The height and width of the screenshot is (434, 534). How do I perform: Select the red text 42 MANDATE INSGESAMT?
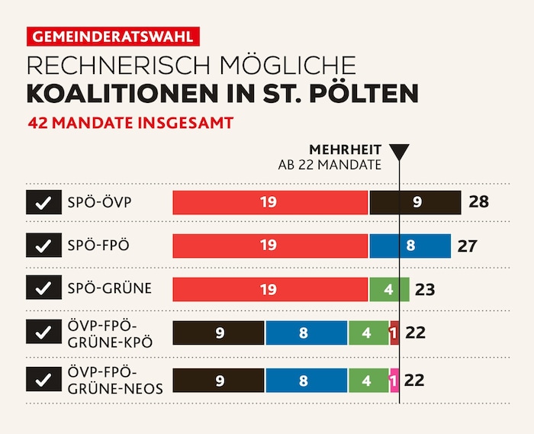(130, 122)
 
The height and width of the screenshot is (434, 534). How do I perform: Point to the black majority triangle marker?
(399, 152)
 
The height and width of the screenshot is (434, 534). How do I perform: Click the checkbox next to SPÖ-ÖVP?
(43, 202)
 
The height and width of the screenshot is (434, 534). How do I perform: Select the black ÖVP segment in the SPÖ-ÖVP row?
(416, 202)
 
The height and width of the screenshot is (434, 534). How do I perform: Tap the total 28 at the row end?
(479, 202)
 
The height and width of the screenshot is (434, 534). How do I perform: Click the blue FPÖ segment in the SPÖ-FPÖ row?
(411, 246)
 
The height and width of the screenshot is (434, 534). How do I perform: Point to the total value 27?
(467, 246)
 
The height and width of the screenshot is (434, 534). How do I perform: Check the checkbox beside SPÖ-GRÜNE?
(43, 288)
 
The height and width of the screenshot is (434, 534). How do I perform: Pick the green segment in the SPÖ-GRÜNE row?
(389, 289)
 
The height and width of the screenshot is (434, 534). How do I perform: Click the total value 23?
(424, 289)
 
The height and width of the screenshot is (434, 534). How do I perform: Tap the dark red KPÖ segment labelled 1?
(394, 333)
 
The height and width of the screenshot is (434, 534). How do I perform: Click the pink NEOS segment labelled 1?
(394, 380)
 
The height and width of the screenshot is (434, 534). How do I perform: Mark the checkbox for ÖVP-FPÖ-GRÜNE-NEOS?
(43, 379)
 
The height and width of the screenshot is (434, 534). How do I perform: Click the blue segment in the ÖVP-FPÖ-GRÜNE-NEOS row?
(306, 380)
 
